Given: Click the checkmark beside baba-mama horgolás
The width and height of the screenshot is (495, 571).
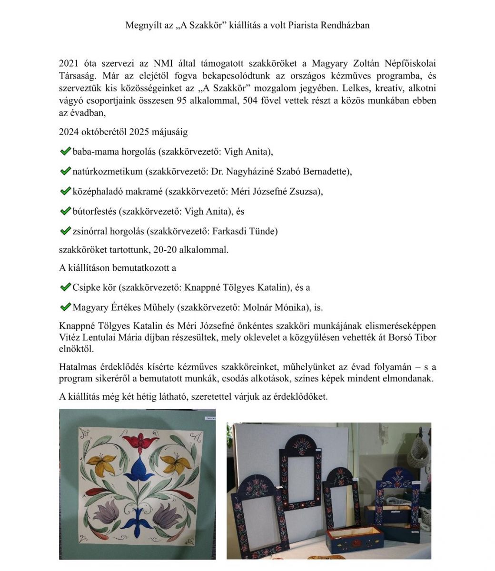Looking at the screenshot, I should point(65,151).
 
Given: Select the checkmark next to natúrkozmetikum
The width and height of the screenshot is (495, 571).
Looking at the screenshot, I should point(65,171).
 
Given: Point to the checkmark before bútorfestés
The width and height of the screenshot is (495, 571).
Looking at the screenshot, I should point(65,211).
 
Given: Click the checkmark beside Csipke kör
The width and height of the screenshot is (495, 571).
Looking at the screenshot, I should point(65,287).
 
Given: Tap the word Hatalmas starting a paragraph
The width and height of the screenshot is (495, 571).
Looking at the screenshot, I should point(77,367).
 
